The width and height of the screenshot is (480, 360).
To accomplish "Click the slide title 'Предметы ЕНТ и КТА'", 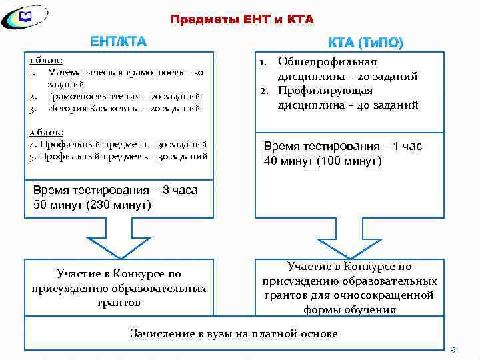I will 241,19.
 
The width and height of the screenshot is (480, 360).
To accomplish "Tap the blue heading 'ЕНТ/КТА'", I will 119,43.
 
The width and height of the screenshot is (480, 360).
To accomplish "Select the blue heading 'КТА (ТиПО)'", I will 365,43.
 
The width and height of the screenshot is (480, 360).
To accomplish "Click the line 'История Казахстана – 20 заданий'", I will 123,107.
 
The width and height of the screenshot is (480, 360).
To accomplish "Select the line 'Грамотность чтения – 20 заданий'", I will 124,96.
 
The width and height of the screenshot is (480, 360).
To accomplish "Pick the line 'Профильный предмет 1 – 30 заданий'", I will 119,143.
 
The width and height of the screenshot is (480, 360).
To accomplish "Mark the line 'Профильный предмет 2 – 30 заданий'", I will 119,156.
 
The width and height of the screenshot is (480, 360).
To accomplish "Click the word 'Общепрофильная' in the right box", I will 327,62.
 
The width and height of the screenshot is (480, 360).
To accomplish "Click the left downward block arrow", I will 117,241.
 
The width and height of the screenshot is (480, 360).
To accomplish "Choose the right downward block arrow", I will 347,241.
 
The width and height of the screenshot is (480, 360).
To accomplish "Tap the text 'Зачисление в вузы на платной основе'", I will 234,333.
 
